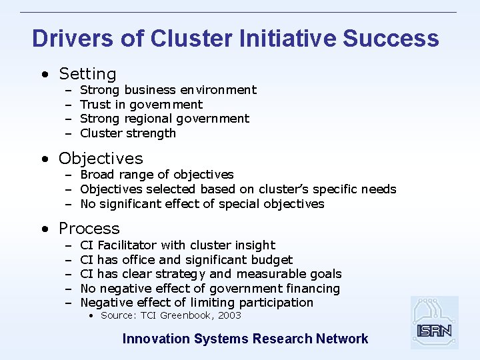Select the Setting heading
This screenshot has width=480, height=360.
pos(87,74)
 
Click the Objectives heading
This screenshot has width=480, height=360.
pos(101,159)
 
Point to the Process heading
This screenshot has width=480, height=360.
pos(89,229)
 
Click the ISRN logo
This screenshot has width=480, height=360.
pos(434,323)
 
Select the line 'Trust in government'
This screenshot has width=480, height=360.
pos(141,104)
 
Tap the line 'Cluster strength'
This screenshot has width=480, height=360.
pos(128,133)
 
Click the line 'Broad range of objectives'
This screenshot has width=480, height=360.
pos(157,175)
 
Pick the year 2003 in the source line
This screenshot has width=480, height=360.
pos(229,315)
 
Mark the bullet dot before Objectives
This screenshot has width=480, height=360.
pos(44,159)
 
